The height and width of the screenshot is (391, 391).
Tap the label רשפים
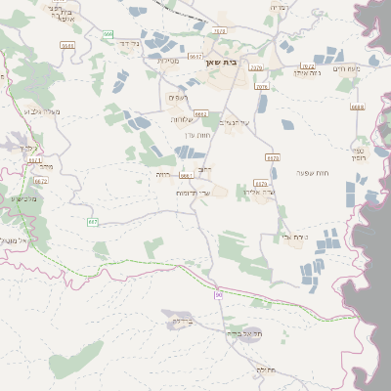(178, 97)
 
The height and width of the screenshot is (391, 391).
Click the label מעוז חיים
(346, 68)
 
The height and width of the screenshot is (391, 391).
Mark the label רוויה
(162, 174)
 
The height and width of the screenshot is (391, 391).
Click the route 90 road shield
(219, 294)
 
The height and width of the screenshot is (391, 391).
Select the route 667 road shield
(93, 222)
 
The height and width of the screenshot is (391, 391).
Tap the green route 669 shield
(107, 34)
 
